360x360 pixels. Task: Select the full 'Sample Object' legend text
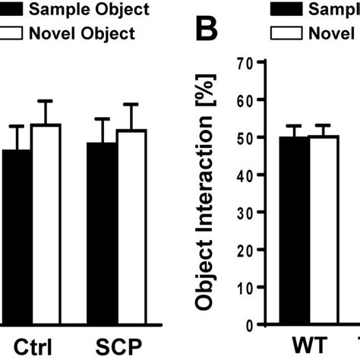84,10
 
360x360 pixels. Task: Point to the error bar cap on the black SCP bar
102,118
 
